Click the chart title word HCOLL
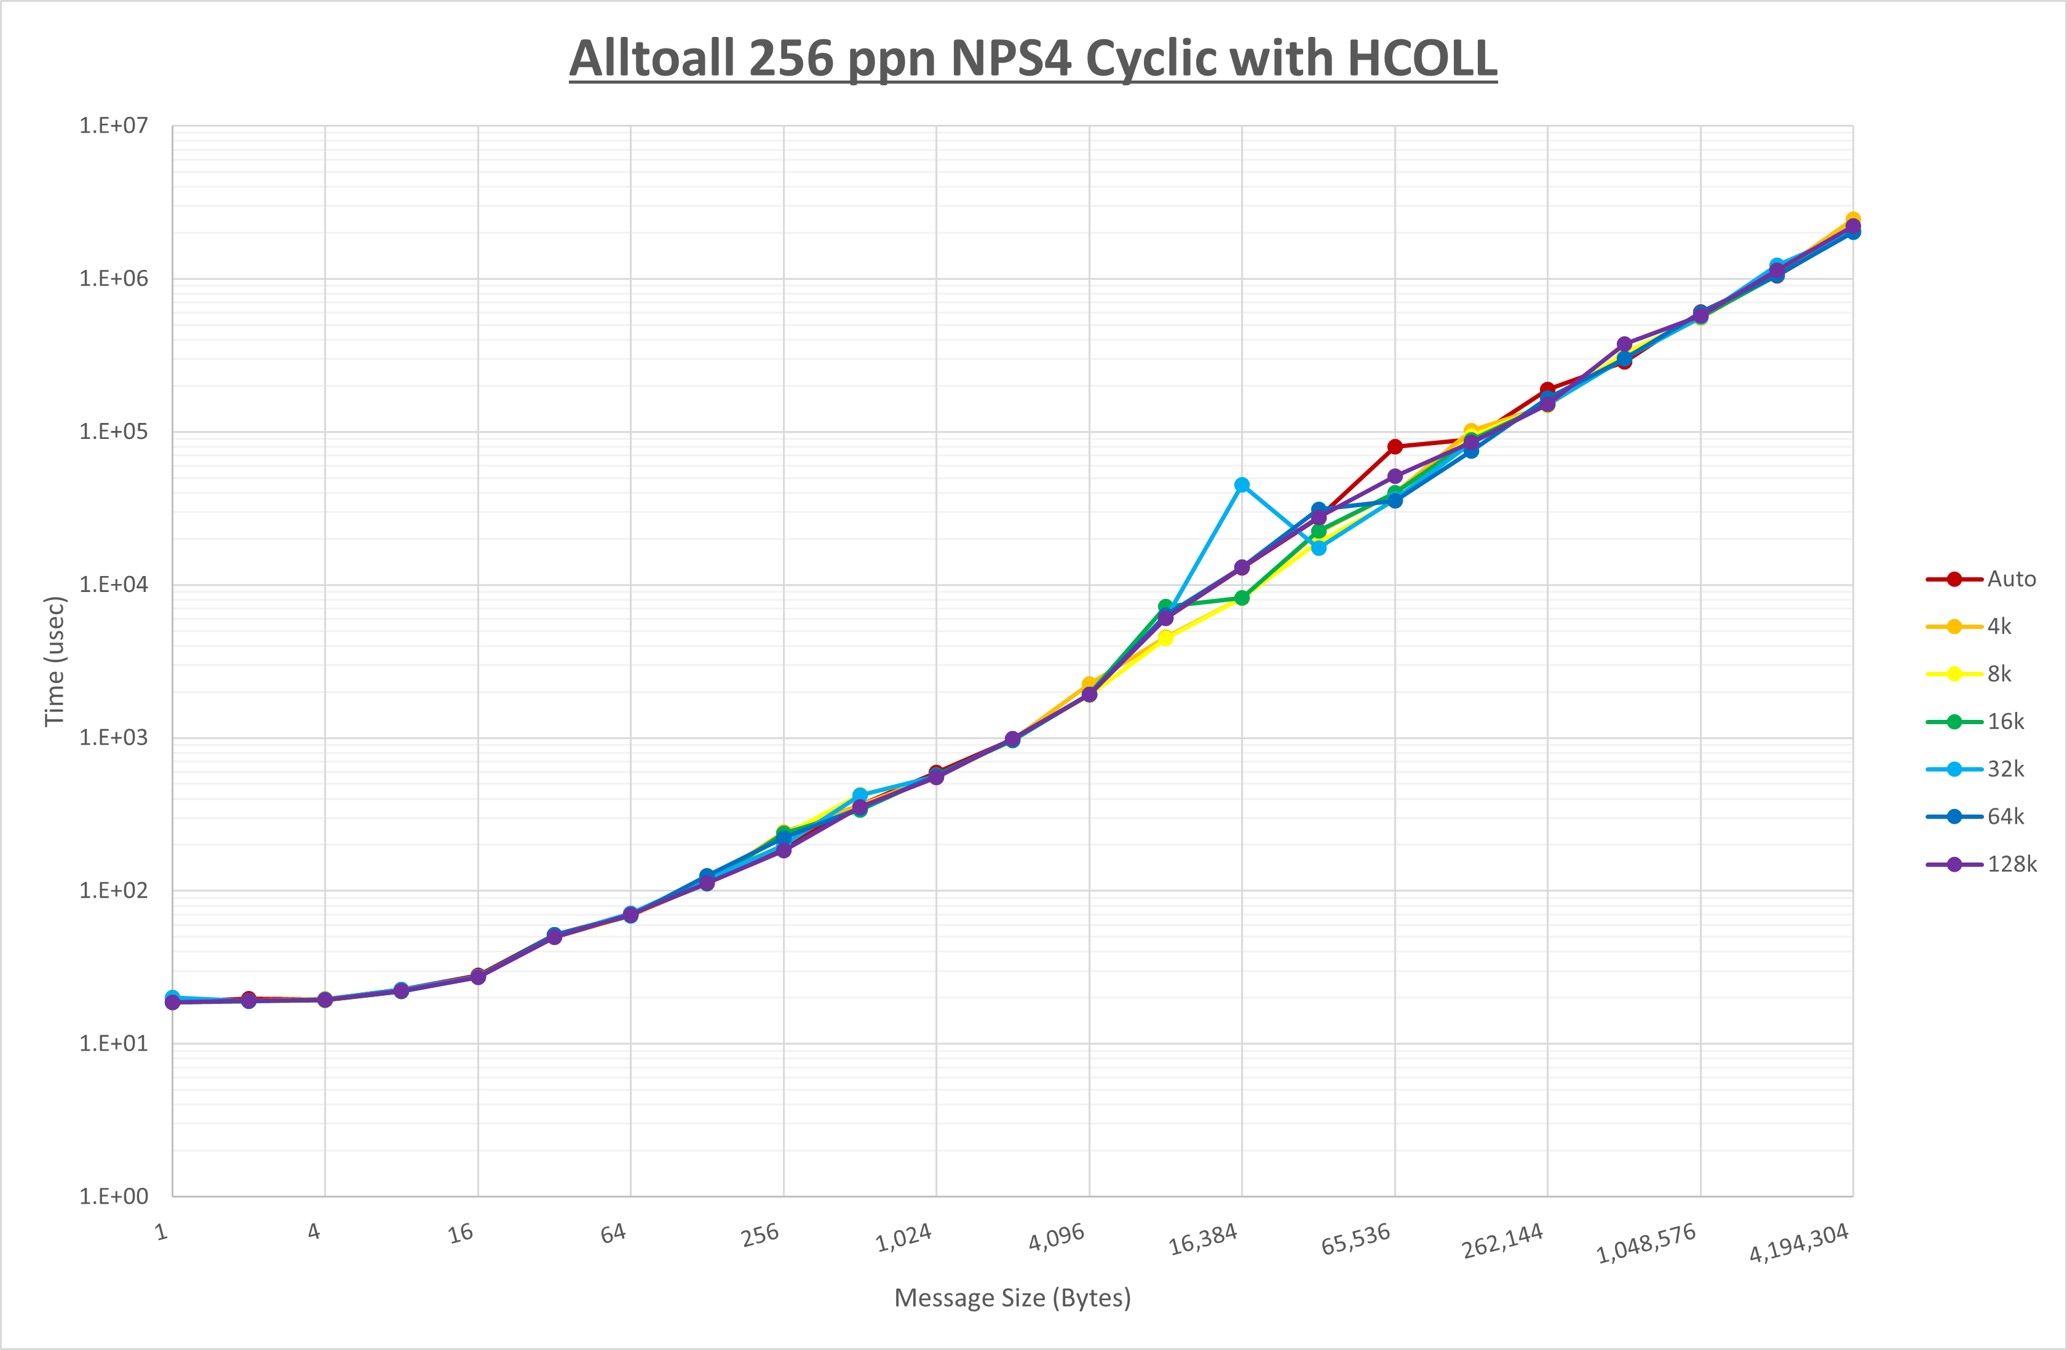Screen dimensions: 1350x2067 1422,58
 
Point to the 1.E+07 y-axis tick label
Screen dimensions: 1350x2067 113,126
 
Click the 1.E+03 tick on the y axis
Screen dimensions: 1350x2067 113,738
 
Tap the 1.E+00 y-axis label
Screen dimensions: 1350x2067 113,1196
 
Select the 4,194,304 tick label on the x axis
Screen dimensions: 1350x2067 1799,1243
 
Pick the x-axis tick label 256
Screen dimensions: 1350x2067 760,1234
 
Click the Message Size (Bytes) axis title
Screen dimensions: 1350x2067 1012,1298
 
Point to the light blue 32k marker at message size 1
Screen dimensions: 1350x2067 172,998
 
